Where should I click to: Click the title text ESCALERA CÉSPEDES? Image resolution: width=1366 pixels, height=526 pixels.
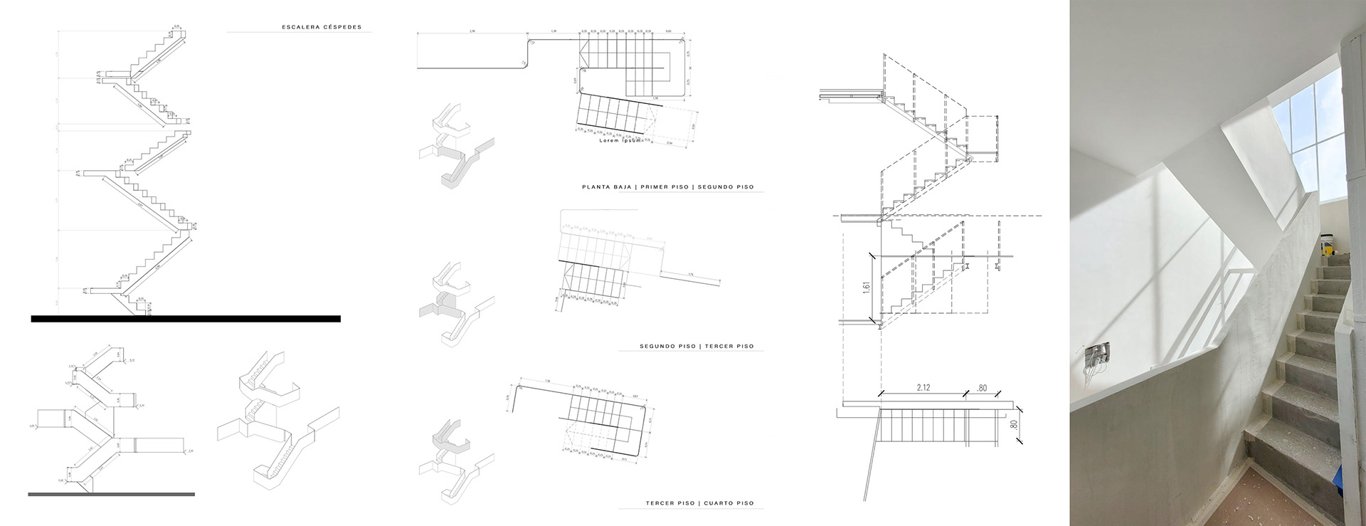click(x=322, y=28)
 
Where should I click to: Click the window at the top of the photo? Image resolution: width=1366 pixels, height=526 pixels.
click(x=1313, y=135)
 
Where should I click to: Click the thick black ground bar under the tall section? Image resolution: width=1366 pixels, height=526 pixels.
click(x=185, y=319)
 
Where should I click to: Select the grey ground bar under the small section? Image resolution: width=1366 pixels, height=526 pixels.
click(x=111, y=493)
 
